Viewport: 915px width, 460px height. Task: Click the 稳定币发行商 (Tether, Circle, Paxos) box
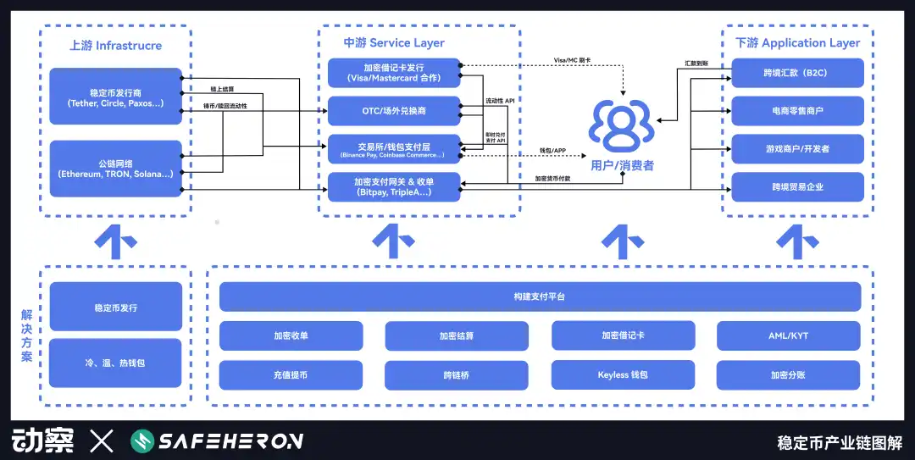click(115, 97)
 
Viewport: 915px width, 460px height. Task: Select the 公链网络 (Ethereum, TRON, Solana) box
click(115, 169)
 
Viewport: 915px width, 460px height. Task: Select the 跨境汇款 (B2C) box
click(796, 73)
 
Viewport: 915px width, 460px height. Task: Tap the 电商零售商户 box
click(796, 111)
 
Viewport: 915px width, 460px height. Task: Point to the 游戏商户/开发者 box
click(796, 149)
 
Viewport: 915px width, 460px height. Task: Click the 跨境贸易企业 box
click(796, 187)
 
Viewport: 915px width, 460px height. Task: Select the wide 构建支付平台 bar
click(540, 297)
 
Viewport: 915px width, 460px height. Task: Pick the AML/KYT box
click(788, 335)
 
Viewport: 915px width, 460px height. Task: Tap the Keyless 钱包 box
click(622, 374)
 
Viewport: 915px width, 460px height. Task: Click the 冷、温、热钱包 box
click(115, 363)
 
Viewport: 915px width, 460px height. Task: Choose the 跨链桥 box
click(456, 374)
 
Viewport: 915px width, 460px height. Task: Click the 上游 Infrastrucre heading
click(115, 45)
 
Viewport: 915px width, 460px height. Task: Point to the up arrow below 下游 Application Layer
click(797, 242)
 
